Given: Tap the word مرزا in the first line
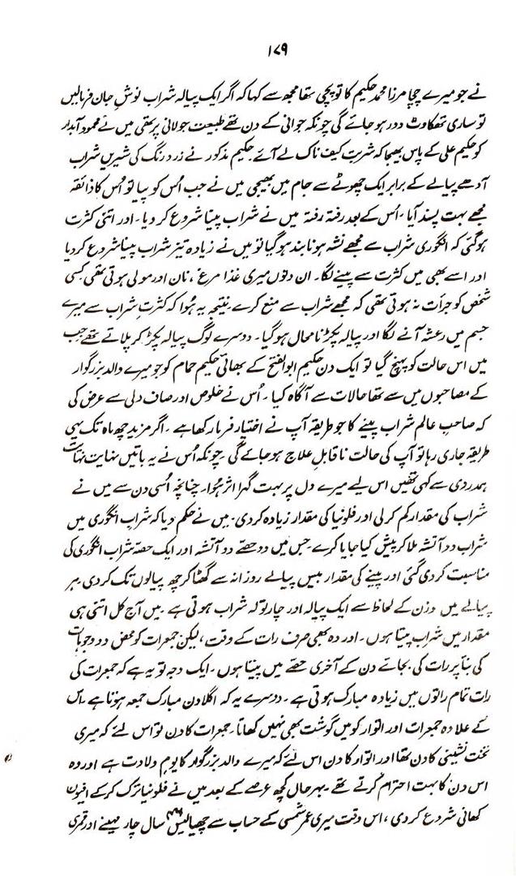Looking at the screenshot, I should click(366, 105).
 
